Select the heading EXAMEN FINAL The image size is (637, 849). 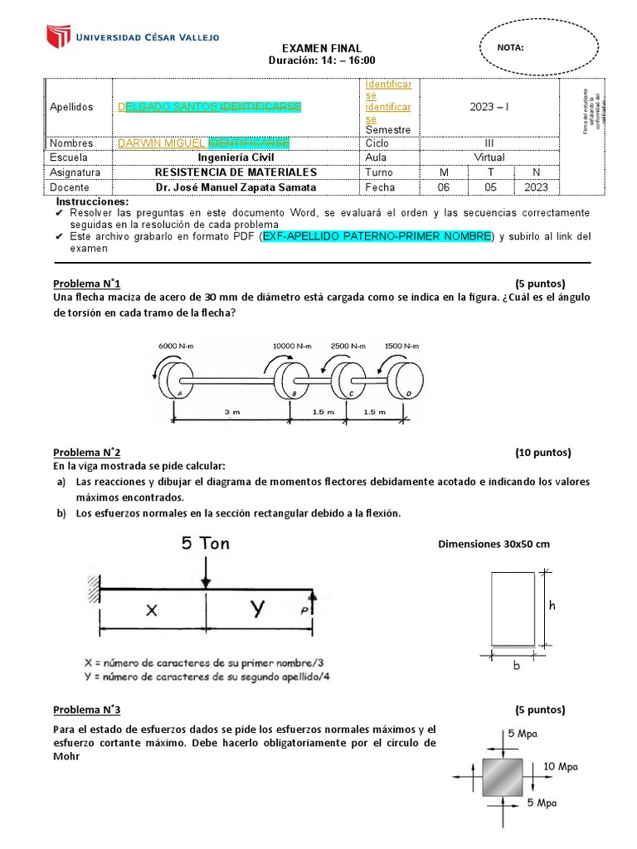322,49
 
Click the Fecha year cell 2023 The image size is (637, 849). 536,187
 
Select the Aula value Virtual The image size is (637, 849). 489,158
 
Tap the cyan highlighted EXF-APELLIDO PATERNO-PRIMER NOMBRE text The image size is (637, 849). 377,236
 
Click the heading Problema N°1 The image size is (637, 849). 87,283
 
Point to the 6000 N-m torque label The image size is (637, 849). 176,346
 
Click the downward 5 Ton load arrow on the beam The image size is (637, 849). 206,572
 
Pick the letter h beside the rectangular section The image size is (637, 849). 552,606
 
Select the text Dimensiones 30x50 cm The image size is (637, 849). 494,545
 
